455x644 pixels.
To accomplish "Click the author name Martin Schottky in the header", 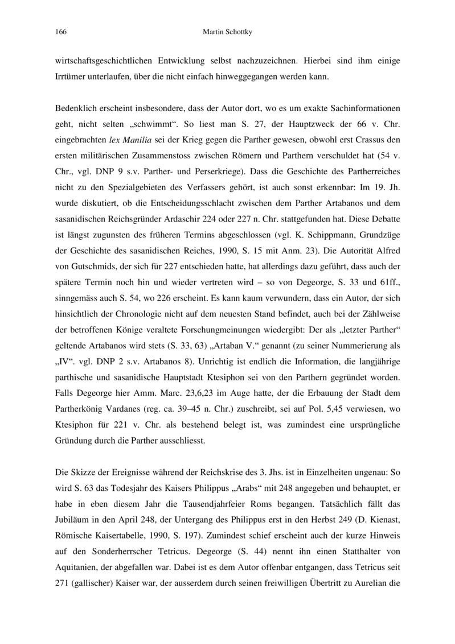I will point(227,32).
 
